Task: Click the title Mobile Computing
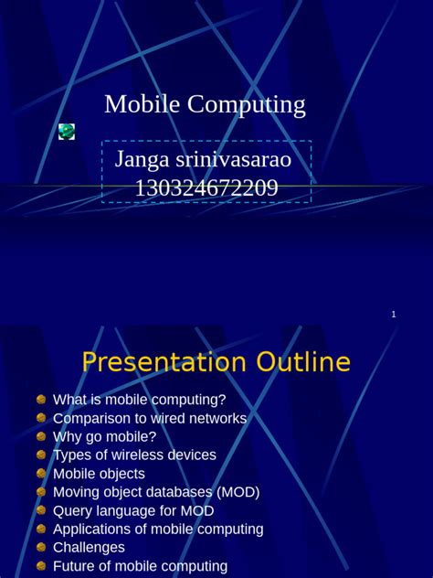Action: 205,104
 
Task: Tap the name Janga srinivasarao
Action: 204,159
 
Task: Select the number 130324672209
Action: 206,188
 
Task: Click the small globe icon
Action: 67,132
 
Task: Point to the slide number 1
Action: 394,315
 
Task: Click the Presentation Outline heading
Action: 216,362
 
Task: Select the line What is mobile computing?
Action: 139,400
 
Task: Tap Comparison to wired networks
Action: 150,418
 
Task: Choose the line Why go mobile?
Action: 104,436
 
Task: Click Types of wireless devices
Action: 134,455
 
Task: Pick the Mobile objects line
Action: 99,474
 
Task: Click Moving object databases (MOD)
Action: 156,492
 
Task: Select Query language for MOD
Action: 133,510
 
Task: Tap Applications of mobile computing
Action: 158,529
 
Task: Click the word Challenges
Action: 89,547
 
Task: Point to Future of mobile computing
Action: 140,566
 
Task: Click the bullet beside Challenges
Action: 41,547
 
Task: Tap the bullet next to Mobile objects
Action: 41,474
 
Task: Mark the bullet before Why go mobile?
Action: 41,436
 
